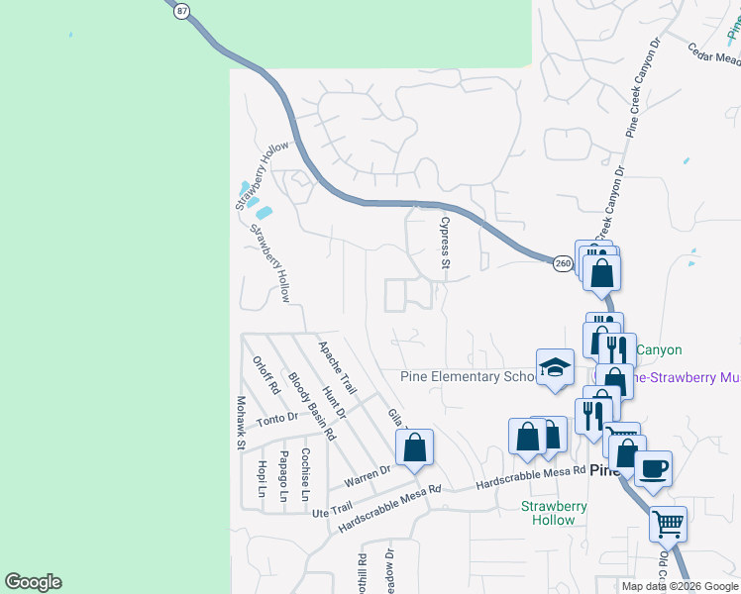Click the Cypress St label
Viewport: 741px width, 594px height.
(x=445, y=243)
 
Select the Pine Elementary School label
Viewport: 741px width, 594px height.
(x=467, y=376)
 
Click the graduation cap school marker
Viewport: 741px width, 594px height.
(x=555, y=368)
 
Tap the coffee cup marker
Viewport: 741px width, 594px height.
(x=653, y=468)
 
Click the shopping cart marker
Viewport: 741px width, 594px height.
(x=669, y=523)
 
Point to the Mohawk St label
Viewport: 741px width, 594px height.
(x=241, y=422)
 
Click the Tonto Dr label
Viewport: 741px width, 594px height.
(x=277, y=420)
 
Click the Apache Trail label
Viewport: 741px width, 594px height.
(x=336, y=365)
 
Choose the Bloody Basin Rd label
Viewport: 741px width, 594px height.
(x=311, y=406)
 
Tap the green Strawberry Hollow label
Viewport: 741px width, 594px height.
(x=555, y=513)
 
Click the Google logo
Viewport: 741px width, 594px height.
(x=33, y=582)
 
